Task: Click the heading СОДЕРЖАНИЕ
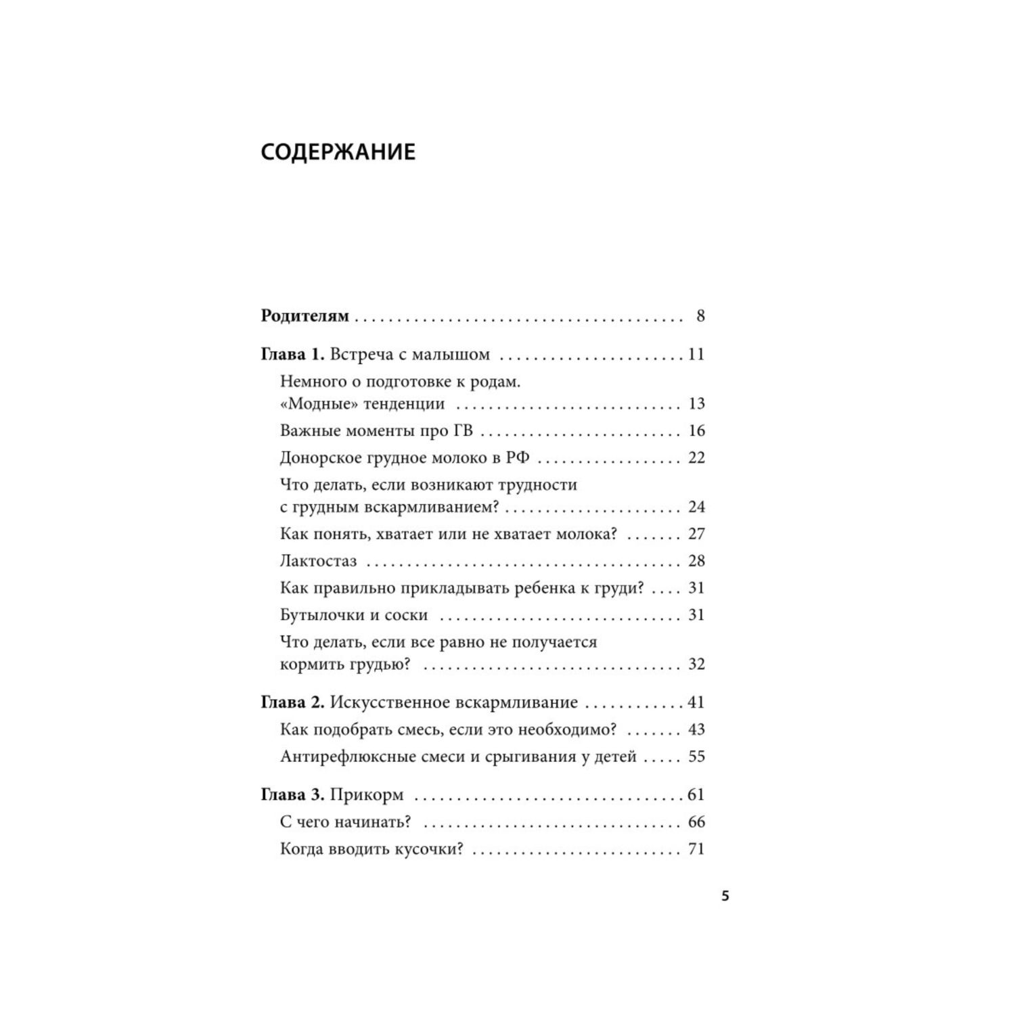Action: pyautogui.click(x=338, y=152)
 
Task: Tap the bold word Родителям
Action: pyautogui.click(x=304, y=316)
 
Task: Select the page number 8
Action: pyautogui.click(x=700, y=316)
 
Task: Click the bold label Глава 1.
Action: pyautogui.click(x=292, y=355)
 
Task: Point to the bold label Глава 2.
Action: pyautogui.click(x=292, y=702)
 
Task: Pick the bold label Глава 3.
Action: pyautogui.click(x=292, y=794)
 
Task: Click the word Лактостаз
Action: pyautogui.click(x=318, y=561)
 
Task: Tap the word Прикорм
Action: pyautogui.click(x=367, y=794)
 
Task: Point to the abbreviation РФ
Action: pyautogui.click(x=518, y=458)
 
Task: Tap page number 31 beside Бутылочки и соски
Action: pyautogui.click(x=696, y=615)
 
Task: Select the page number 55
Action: pyautogui.click(x=696, y=757)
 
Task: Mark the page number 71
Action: pyautogui.click(x=696, y=849)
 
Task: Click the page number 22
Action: pyautogui.click(x=696, y=458)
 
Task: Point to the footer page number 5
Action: pyautogui.click(x=725, y=897)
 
